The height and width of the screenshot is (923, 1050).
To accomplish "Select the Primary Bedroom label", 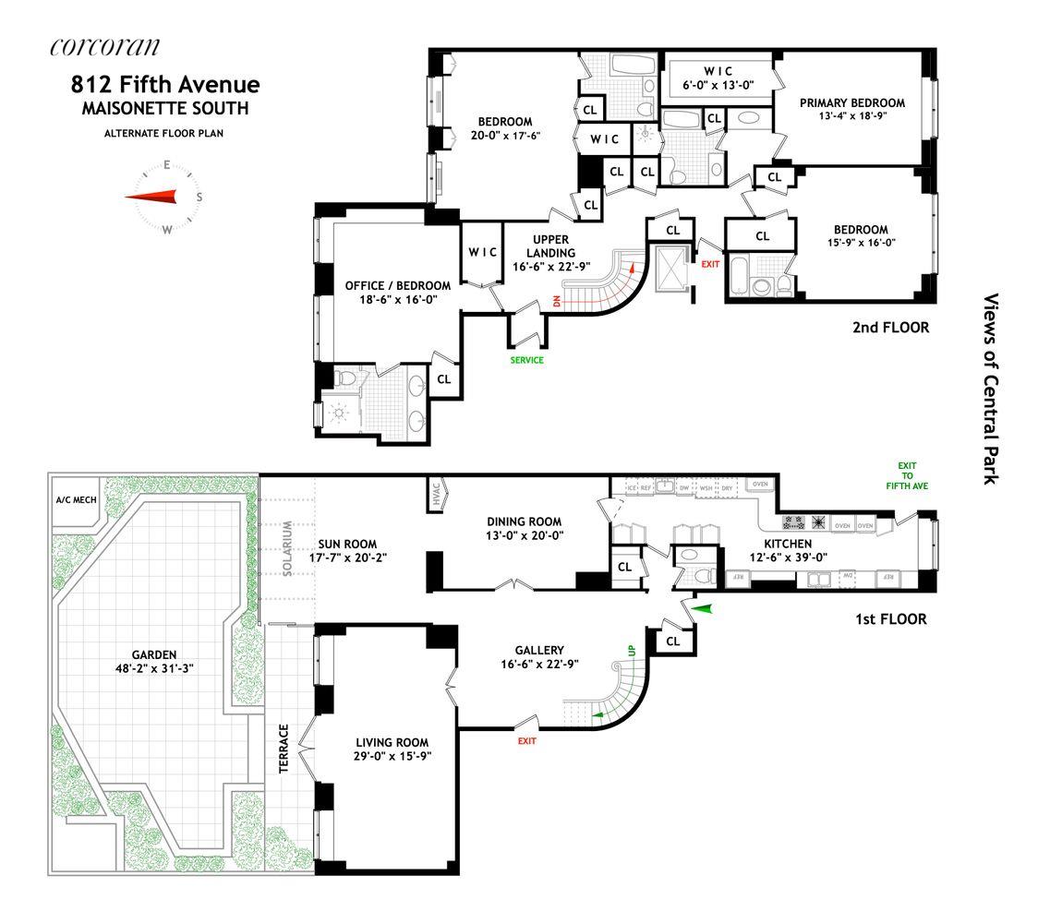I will [x=851, y=102].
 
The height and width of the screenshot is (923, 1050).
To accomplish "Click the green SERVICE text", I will [x=526, y=360].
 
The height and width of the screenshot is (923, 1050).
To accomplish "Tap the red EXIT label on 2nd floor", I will [x=710, y=264].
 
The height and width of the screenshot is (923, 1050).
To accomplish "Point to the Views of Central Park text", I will [x=992, y=389].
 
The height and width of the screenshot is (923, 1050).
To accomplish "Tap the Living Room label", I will [x=392, y=742].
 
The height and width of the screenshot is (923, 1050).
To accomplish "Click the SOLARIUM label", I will [x=287, y=547].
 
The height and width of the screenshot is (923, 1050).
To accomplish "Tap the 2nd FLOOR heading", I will [x=891, y=327].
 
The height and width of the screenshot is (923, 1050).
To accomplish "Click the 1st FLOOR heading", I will [x=892, y=619].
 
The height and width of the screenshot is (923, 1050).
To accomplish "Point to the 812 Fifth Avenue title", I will [x=165, y=85].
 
